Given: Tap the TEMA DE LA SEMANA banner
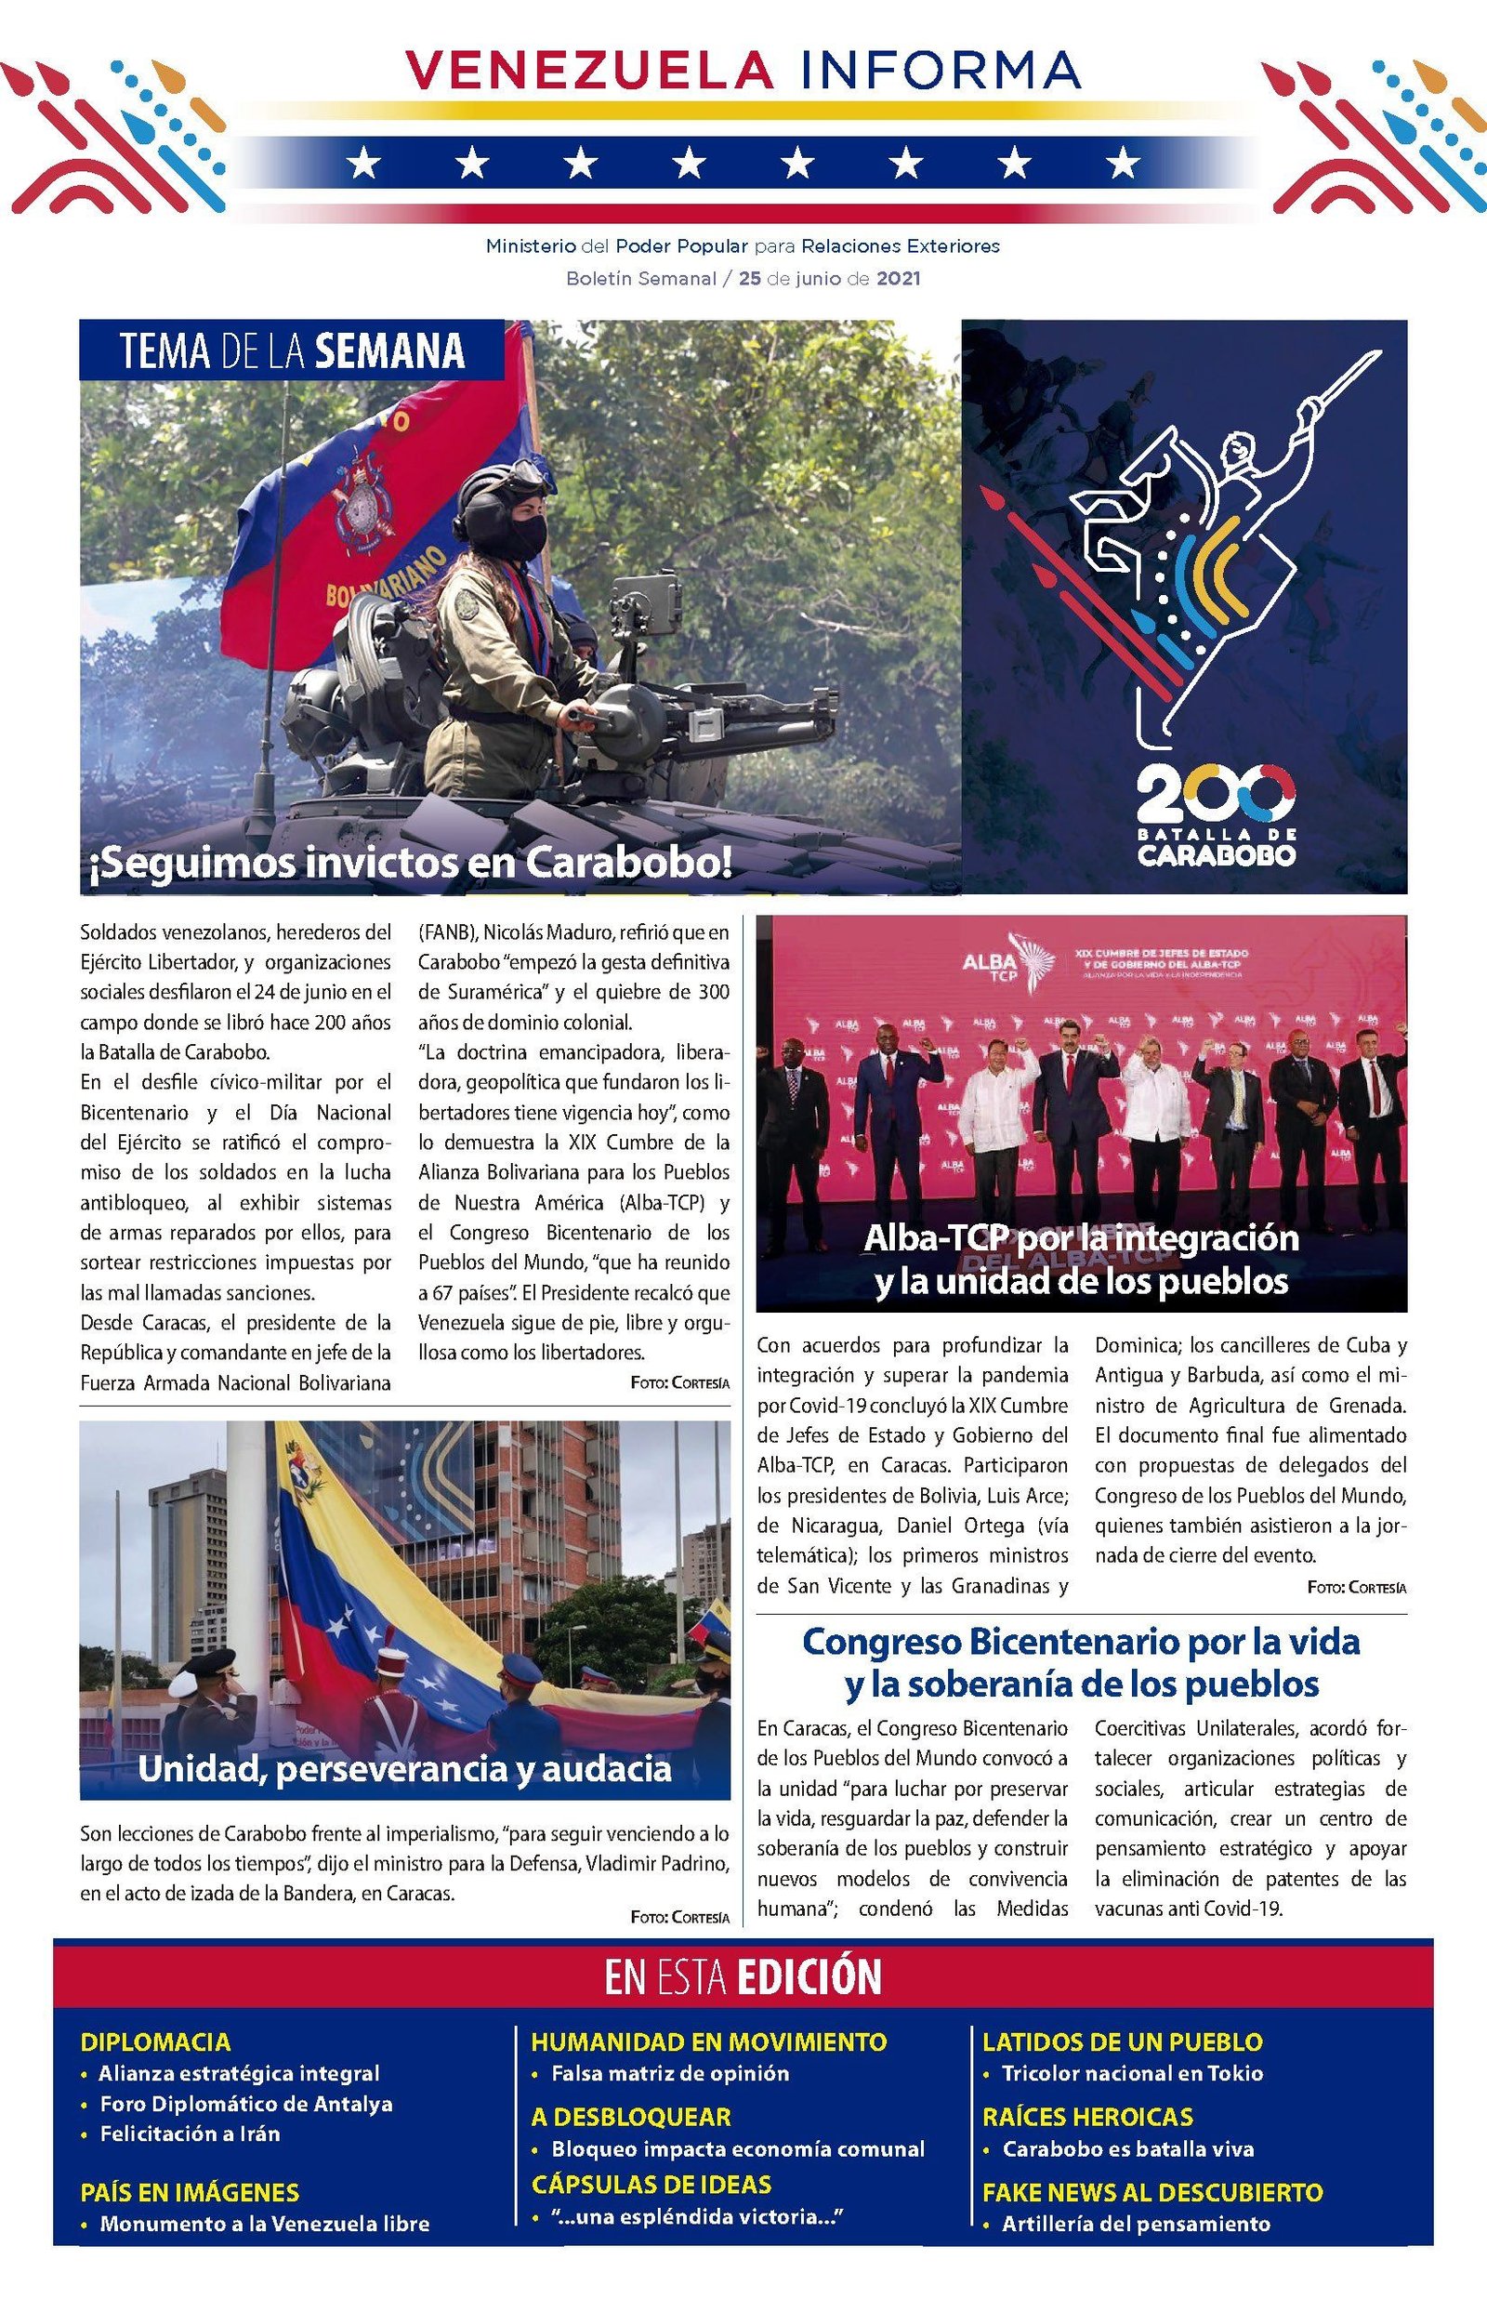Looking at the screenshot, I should pos(292,350).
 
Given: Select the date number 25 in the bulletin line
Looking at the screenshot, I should pos(749,279).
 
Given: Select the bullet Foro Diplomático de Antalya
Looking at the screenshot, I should pos(246,2104).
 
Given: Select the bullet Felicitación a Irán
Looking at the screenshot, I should pos(190,2134).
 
